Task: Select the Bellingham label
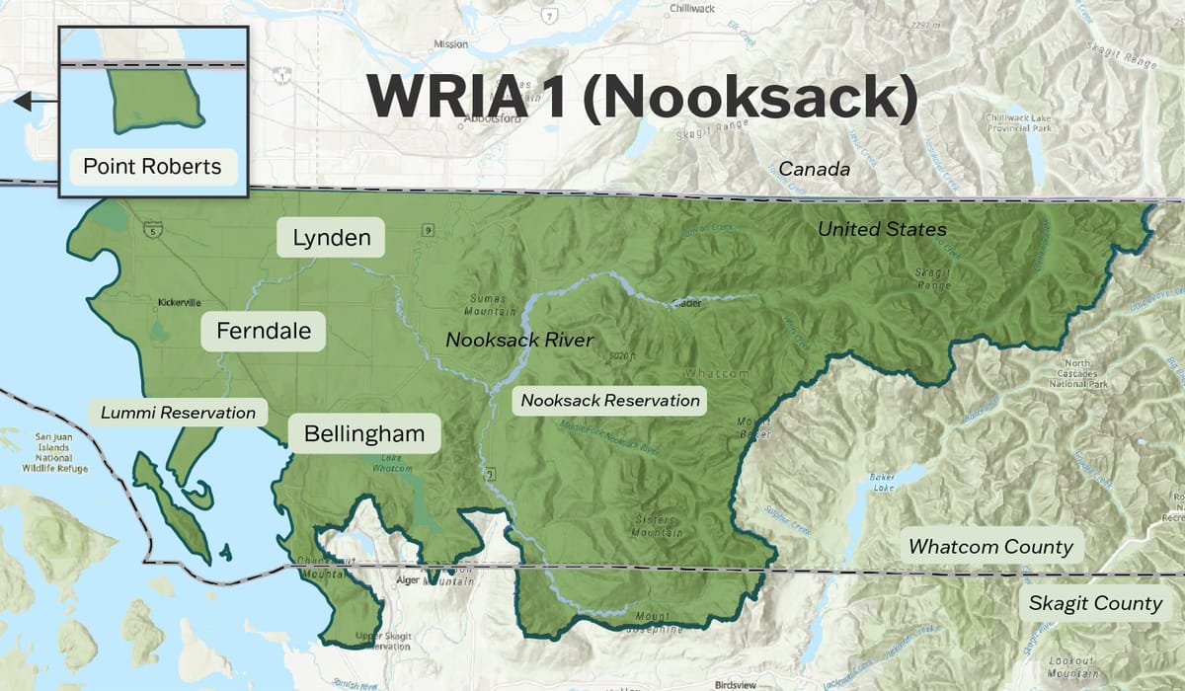(364, 433)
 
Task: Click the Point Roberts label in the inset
(152, 166)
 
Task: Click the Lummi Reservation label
(178, 413)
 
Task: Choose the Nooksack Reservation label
(610, 400)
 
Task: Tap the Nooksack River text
(519, 341)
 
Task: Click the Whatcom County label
(990, 547)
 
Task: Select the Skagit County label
(1095, 603)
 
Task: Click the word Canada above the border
(814, 169)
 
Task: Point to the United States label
(882, 230)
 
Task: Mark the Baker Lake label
(884, 482)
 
